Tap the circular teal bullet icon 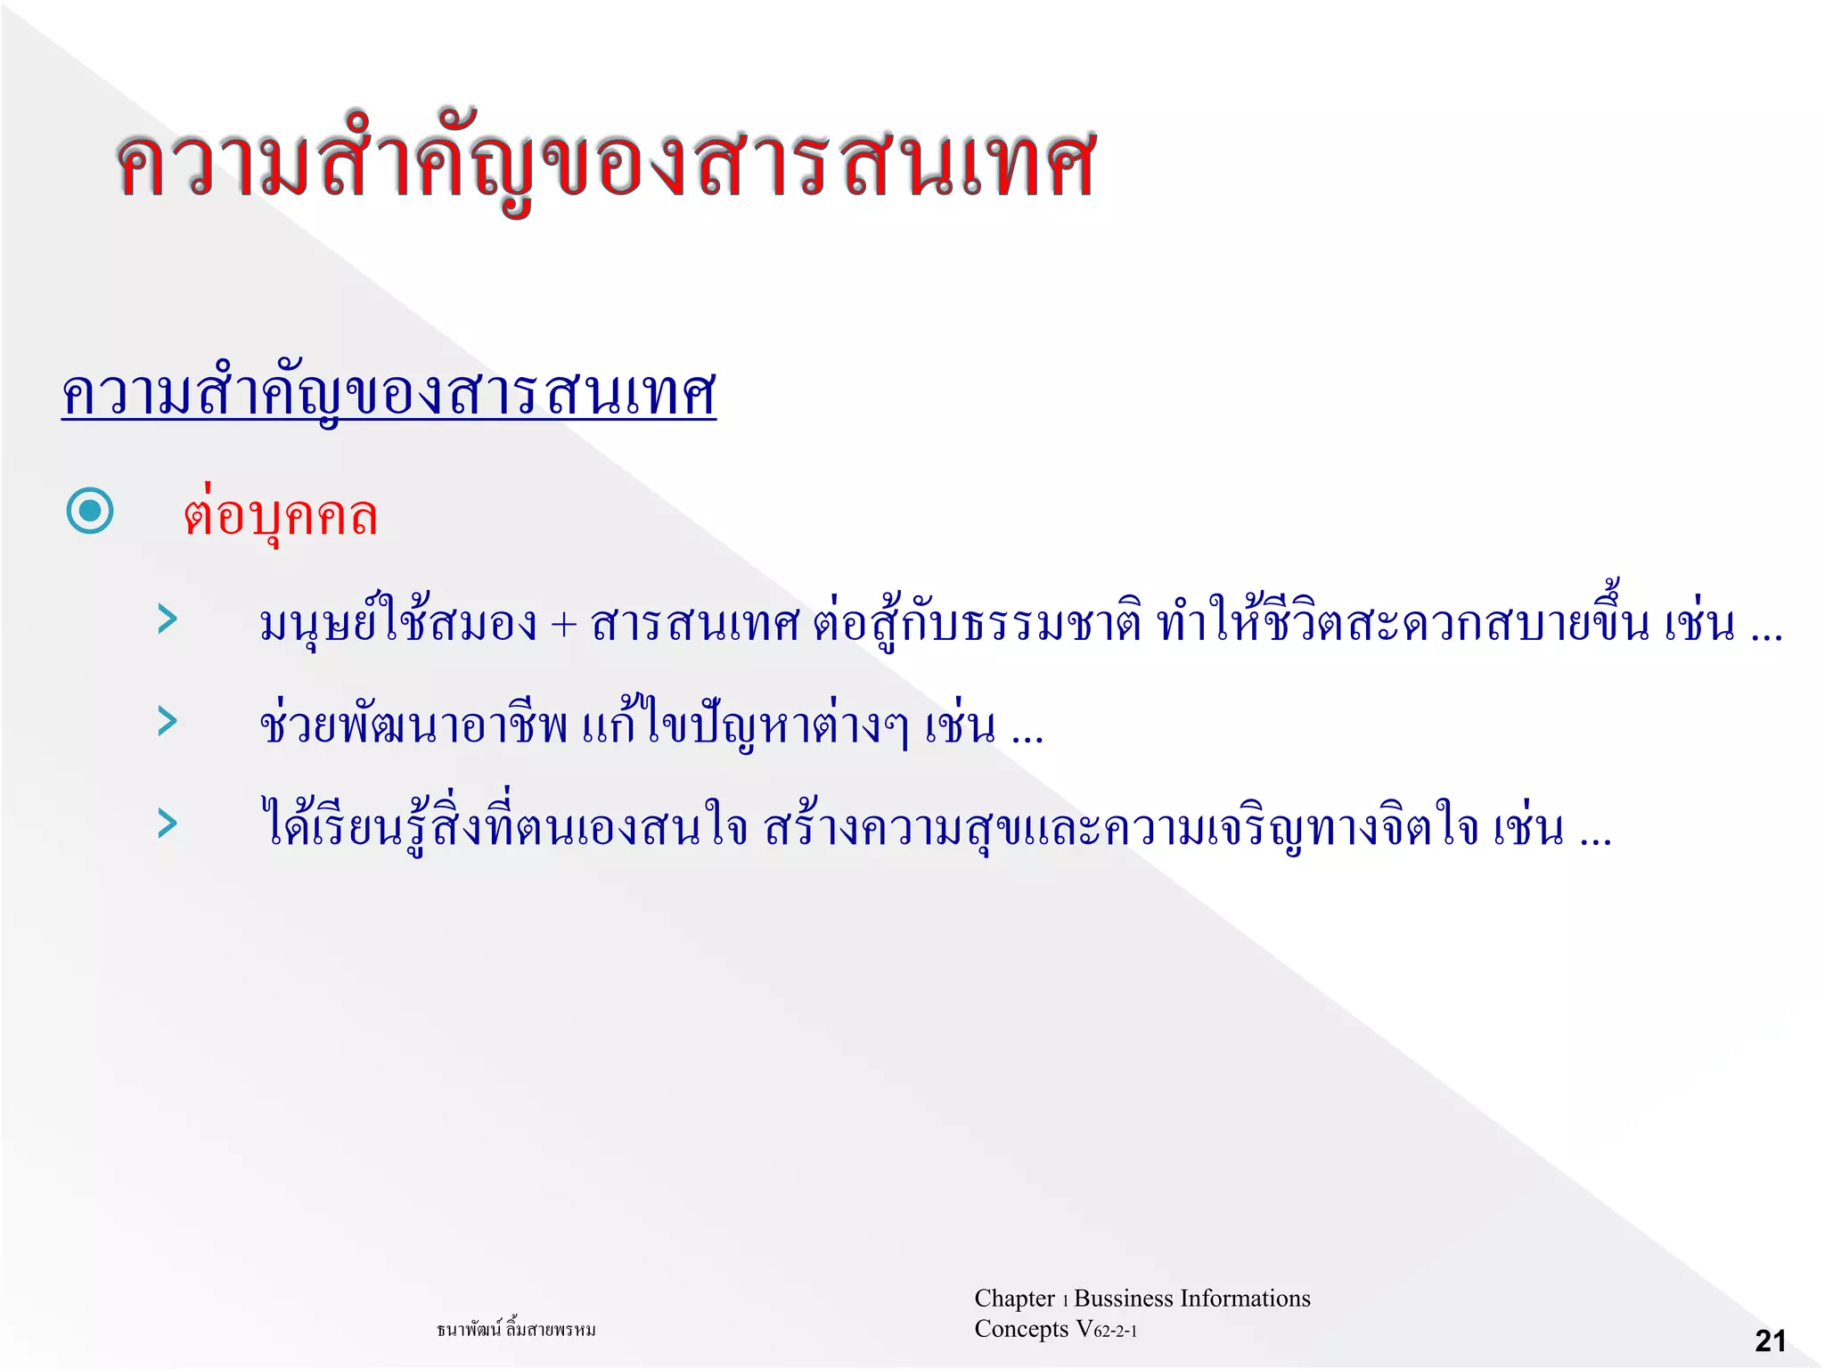(x=90, y=511)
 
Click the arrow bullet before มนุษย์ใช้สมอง (x=167, y=619)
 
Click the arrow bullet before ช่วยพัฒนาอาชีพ (x=167, y=721)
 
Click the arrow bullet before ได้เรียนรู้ (x=167, y=824)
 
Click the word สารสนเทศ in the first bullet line (x=695, y=624)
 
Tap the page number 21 (x=1770, y=1340)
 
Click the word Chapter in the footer (x=1014, y=1299)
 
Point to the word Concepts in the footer (x=1021, y=1329)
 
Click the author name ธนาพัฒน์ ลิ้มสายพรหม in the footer (x=516, y=1330)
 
